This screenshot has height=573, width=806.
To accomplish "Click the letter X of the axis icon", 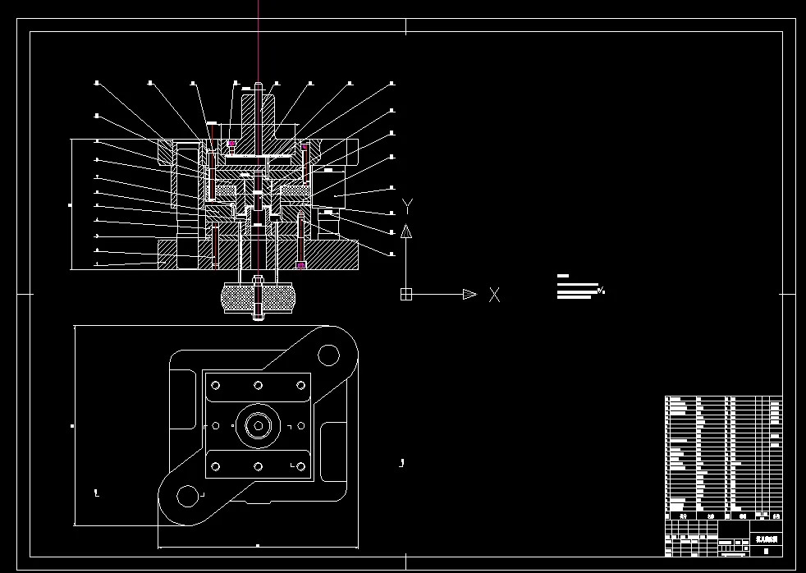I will [x=494, y=294].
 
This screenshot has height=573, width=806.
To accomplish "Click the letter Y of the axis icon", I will [x=406, y=205].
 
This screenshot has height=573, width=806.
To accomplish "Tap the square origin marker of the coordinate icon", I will [x=405, y=294].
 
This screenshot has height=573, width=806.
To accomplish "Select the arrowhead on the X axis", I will [x=469, y=294].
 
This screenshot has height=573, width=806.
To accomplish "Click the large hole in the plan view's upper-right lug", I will [x=328, y=355].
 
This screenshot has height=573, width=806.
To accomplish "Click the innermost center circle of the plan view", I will [x=258, y=425].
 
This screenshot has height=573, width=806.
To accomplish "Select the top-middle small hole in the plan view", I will [x=258, y=384].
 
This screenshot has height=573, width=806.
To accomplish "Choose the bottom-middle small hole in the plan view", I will [x=258, y=466].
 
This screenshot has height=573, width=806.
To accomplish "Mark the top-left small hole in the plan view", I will [x=216, y=384].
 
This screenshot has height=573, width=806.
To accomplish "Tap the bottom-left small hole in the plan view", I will [x=216, y=466].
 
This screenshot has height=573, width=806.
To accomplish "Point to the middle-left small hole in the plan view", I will [x=216, y=425].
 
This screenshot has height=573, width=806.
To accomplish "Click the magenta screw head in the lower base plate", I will [x=301, y=265].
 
